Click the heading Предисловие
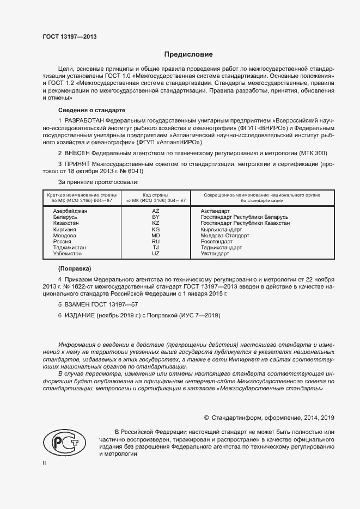coord(188,54)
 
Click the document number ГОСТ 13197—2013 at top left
coord(69,37)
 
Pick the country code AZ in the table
coord(155,211)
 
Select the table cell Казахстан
coord(66,223)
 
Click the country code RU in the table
coord(155,241)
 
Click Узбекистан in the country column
coord(68,254)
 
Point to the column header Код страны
coord(155,194)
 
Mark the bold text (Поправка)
coord(75,269)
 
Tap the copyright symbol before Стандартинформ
coord(206,418)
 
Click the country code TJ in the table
coord(155,248)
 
